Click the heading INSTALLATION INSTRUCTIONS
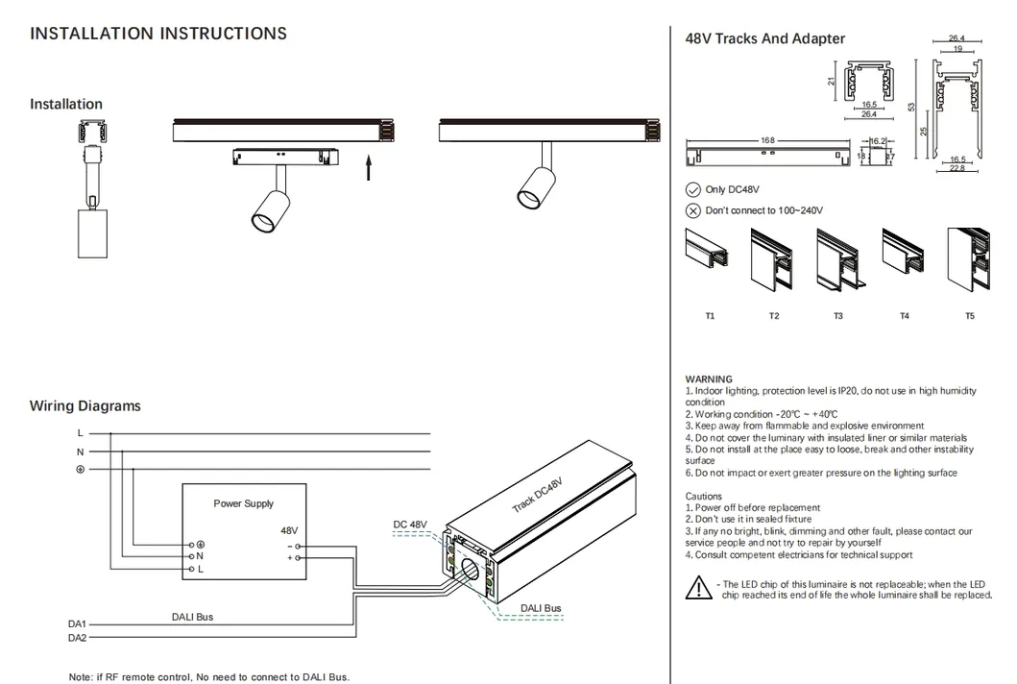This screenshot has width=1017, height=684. coord(158,34)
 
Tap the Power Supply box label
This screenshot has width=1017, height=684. coord(243,503)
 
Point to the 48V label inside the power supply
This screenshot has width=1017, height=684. coord(289,530)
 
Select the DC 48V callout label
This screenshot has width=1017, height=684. coord(410,525)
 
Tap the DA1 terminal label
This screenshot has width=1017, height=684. coord(77,623)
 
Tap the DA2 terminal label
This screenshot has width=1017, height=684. coord(77,638)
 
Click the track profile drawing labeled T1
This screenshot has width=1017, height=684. coord(709,256)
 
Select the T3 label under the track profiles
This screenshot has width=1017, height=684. coord(838,316)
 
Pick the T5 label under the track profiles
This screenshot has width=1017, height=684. coord(969,316)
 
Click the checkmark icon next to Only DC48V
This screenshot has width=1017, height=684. coord(692,190)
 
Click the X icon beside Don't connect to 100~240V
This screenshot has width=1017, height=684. coord(692,210)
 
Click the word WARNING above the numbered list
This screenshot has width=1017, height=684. coord(709,379)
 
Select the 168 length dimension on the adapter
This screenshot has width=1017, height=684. coord(767,141)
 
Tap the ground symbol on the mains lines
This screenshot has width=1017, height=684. coord(80,469)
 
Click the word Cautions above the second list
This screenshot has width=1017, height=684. coord(704,497)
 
